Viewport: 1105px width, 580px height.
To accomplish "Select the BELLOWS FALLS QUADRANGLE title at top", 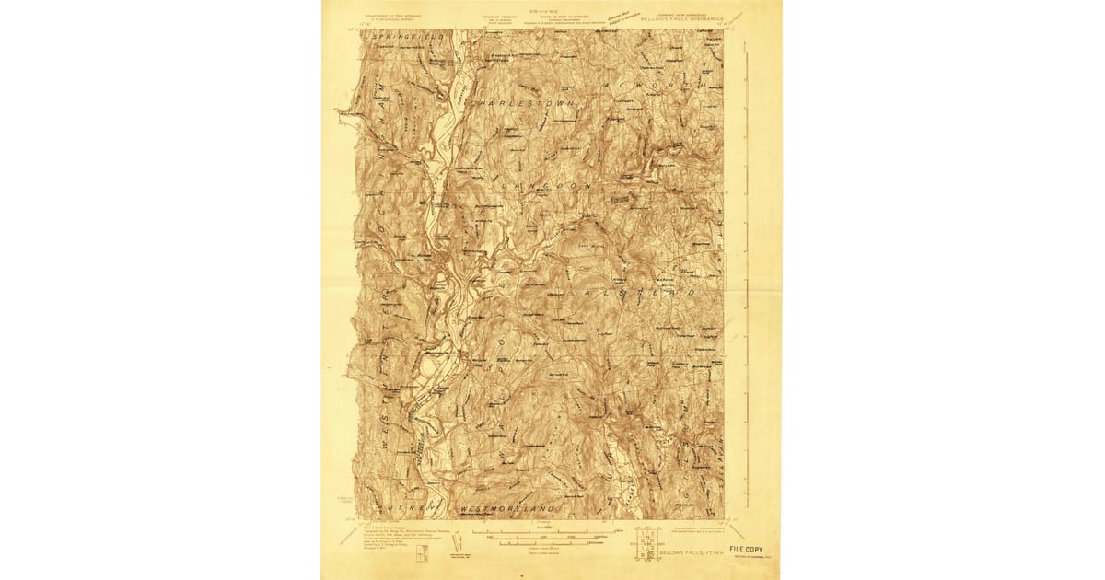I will [682, 17].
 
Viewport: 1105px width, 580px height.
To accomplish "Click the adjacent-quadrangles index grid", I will [646, 543].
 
